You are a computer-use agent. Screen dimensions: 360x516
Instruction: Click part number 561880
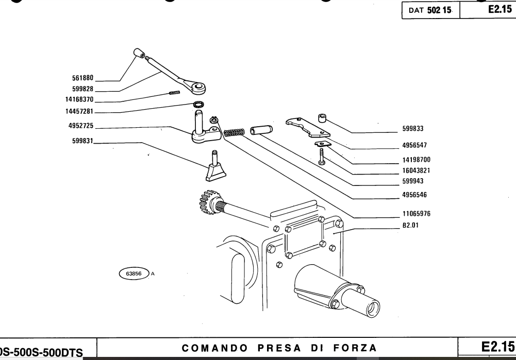(82, 79)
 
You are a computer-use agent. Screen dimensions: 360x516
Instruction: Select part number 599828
(82, 89)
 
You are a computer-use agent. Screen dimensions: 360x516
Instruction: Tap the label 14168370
(79, 99)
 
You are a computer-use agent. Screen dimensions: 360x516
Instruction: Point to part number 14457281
(79, 111)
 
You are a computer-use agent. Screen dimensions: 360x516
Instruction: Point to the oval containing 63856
(134, 273)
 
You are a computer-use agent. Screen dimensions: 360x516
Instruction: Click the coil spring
(236, 132)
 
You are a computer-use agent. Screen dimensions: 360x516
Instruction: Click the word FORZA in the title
(354, 347)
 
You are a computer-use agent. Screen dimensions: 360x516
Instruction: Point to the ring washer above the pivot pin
(198, 106)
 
